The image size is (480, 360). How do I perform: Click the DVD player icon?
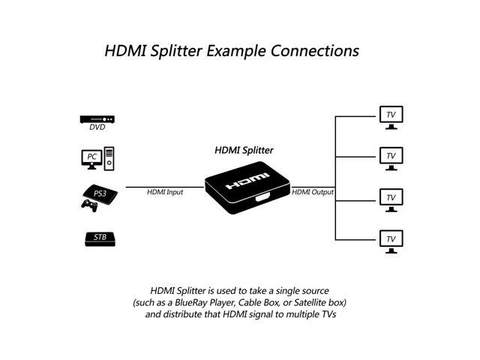click(x=97, y=118)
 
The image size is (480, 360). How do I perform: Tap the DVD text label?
click(x=97, y=127)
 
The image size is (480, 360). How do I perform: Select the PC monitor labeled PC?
click(x=92, y=157)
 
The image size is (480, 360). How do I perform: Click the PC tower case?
click(x=109, y=158)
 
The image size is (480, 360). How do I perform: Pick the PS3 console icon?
click(x=97, y=193)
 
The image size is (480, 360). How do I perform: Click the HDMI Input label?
click(x=165, y=192)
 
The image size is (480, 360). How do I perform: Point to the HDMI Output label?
click(x=313, y=192)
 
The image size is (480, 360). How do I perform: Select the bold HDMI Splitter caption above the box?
click(x=244, y=150)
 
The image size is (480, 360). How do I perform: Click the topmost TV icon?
click(x=390, y=115)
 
